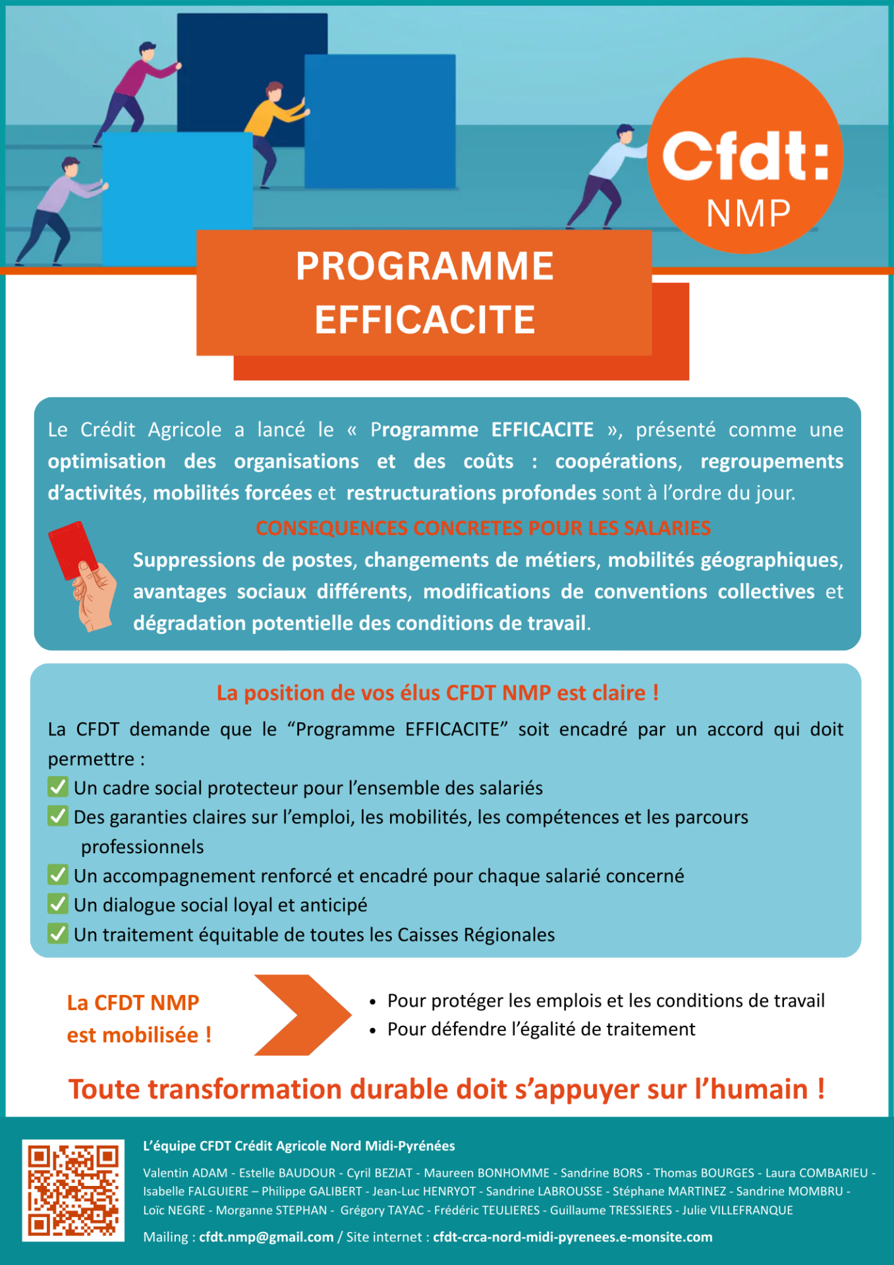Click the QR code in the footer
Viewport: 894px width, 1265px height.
tap(73, 1190)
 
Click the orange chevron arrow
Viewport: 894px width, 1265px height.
tap(302, 1015)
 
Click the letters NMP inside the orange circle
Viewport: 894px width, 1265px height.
tap(748, 213)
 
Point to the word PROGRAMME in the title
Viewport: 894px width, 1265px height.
tap(424, 266)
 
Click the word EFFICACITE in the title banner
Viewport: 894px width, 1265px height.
tap(424, 320)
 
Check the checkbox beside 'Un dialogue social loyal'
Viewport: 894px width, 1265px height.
tap(58, 904)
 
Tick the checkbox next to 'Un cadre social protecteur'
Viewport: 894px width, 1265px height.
tap(58, 787)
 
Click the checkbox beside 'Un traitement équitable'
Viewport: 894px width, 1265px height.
tap(58, 934)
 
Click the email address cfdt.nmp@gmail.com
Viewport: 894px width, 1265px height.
tap(266, 1237)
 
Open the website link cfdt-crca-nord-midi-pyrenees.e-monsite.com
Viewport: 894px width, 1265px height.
tap(572, 1237)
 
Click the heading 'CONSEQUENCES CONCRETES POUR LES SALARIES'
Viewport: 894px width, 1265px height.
tap(483, 528)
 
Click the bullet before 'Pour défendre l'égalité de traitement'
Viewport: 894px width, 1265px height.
tap(373, 1030)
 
